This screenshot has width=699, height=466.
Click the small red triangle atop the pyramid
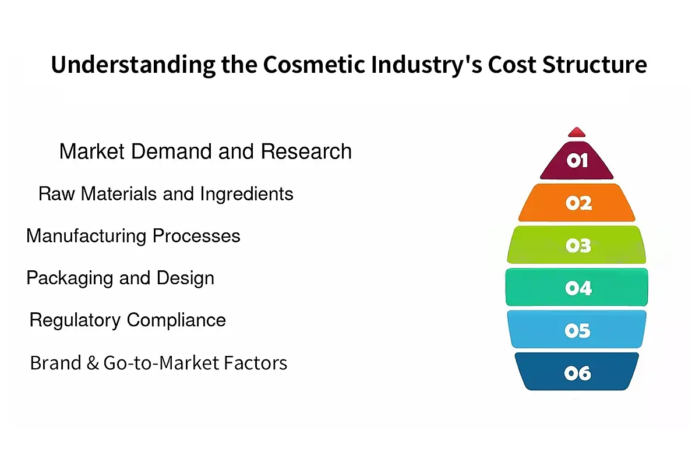576,132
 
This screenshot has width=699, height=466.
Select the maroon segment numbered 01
577,161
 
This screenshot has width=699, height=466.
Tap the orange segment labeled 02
577,203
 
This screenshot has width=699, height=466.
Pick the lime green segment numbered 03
577,245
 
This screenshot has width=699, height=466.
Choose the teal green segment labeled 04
577,287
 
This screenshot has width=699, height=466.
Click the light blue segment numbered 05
577,330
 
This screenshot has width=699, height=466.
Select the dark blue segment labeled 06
577,372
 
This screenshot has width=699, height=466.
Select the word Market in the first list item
91,151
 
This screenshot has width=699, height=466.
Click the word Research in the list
306,151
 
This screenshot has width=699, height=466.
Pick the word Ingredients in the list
246,193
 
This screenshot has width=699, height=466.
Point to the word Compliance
176,320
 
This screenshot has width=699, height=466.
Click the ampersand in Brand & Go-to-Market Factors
93,363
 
